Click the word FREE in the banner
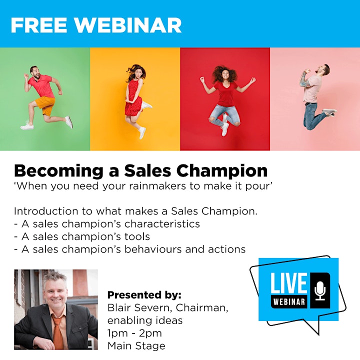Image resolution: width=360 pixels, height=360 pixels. [x=39, y=25]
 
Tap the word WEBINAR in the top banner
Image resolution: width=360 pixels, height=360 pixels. [x=128, y=25]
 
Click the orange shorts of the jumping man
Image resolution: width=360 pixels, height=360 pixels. [x=45, y=105]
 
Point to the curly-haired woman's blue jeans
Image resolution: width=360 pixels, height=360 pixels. [x=224, y=115]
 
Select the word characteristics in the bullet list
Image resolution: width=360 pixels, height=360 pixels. [x=162, y=224]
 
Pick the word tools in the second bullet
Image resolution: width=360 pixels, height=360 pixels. [x=137, y=236]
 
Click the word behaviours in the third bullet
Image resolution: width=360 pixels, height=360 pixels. [x=153, y=249]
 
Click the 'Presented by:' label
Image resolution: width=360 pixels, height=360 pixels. [x=144, y=295]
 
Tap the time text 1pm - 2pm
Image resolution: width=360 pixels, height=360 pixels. [x=134, y=333]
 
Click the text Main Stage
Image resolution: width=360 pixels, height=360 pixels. [x=136, y=346]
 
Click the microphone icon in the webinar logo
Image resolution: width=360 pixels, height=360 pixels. [x=320, y=290]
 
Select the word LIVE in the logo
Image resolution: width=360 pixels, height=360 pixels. [x=289, y=283]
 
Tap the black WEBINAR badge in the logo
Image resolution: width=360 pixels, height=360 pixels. [x=289, y=301]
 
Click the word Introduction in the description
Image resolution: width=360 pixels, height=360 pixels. [x=46, y=211]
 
